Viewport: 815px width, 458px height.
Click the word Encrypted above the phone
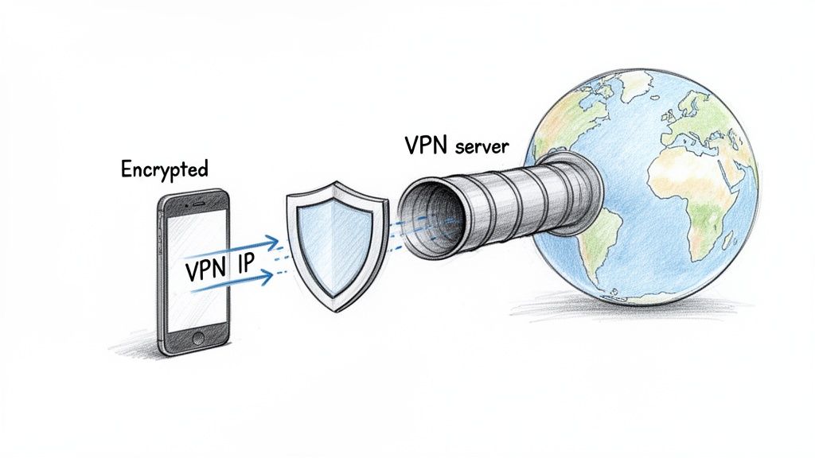(x=164, y=169)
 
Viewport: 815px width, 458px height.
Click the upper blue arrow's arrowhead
(x=273, y=239)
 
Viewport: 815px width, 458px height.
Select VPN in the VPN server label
(x=425, y=148)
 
